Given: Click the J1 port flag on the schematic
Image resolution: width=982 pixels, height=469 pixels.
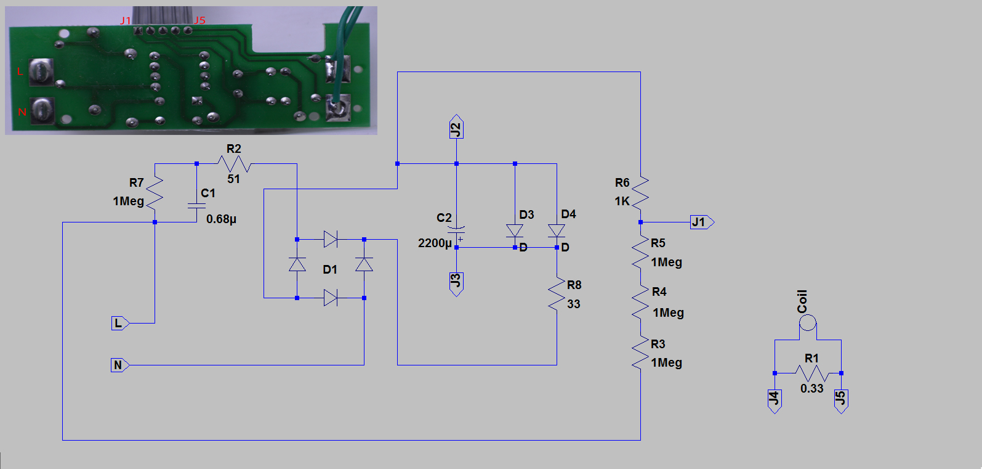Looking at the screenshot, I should (701, 222).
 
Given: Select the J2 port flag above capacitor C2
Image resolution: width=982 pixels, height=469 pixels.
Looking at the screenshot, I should (456, 128).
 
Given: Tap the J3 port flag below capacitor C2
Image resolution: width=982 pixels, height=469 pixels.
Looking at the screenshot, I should (456, 283).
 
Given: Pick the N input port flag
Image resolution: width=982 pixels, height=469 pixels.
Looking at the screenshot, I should (119, 365).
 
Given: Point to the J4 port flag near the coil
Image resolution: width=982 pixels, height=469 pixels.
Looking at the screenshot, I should (775, 400).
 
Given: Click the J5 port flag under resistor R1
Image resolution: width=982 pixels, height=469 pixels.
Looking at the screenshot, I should (841, 400).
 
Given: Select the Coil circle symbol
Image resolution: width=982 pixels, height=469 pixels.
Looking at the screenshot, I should (808, 323).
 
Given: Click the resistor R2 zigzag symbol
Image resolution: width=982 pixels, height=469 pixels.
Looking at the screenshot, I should (234, 164).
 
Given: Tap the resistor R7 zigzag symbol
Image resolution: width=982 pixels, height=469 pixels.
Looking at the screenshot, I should (155, 192).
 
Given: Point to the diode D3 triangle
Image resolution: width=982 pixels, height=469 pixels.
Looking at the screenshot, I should (515, 231).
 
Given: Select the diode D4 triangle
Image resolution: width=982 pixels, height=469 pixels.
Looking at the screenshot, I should (557, 231).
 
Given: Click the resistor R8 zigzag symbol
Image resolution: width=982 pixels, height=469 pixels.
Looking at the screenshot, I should (557, 295).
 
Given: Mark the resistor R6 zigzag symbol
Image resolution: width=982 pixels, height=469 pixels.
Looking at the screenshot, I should (640, 192).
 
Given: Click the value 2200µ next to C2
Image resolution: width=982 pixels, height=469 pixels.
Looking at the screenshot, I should (435, 243).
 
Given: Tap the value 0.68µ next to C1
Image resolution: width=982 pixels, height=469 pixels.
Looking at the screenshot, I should (221, 219).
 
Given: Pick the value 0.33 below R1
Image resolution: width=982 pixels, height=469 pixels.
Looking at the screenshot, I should (811, 389).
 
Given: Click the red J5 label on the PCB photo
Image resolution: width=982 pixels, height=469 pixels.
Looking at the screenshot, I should (199, 20).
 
